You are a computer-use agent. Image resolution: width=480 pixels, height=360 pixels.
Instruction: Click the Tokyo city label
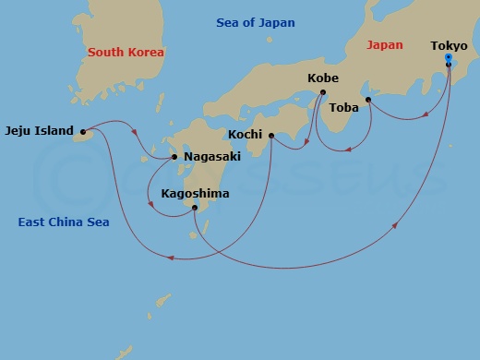click(x=448, y=44)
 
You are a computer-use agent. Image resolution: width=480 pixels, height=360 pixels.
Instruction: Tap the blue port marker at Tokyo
click(x=448, y=58)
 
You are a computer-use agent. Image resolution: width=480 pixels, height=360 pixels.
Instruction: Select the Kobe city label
click(x=323, y=78)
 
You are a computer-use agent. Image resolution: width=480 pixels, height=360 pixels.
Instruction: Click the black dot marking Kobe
click(x=323, y=92)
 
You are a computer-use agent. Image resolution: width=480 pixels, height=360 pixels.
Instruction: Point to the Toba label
click(x=343, y=108)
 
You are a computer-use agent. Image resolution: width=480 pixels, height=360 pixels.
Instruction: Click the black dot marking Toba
click(x=368, y=100)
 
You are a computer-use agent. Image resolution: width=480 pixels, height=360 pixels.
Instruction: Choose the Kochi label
click(x=245, y=135)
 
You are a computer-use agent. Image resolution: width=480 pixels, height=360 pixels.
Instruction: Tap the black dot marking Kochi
click(x=271, y=135)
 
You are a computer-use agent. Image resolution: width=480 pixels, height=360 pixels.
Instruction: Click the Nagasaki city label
click(x=212, y=157)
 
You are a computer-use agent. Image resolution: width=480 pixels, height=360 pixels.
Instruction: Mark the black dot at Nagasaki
click(x=175, y=157)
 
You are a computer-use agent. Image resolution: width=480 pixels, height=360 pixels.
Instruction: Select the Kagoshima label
click(x=195, y=194)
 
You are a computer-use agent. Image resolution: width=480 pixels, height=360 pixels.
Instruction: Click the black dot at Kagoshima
click(x=195, y=208)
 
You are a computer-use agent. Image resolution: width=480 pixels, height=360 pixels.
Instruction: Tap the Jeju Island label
click(x=39, y=131)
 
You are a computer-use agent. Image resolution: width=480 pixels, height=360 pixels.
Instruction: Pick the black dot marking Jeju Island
click(x=83, y=131)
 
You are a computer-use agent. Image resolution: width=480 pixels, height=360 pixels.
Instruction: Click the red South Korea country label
click(x=126, y=53)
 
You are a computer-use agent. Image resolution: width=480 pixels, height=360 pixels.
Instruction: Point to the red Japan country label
click(x=385, y=44)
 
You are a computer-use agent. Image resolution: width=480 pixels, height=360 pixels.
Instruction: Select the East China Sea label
click(x=62, y=222)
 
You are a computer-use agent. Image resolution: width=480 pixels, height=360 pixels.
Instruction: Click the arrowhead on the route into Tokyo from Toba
click(x=426, y=115)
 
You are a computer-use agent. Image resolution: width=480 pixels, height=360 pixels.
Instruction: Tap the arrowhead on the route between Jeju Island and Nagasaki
click(x=135, y=132)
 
